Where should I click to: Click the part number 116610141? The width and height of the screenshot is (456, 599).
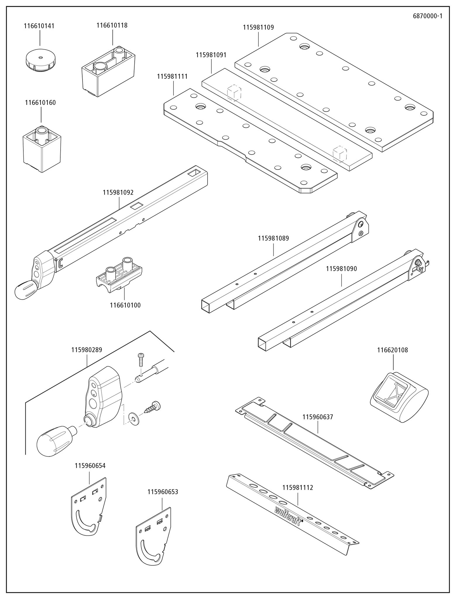(x=39, y=26)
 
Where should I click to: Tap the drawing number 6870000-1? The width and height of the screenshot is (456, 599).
(x=427, y=16)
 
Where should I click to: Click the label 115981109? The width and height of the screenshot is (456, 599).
(x=258, y=27)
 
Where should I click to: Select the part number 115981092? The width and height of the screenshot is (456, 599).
(x=118, y=193)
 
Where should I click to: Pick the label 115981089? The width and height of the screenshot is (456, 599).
(x=273, y=238)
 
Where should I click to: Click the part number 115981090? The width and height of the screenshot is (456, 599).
(x=341, y=269)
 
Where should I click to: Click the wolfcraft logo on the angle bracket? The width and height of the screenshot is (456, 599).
(x=288, y=516)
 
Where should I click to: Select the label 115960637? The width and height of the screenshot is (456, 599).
(x=318, y=417)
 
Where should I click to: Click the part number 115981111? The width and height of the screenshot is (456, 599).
(x=172, y=77)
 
